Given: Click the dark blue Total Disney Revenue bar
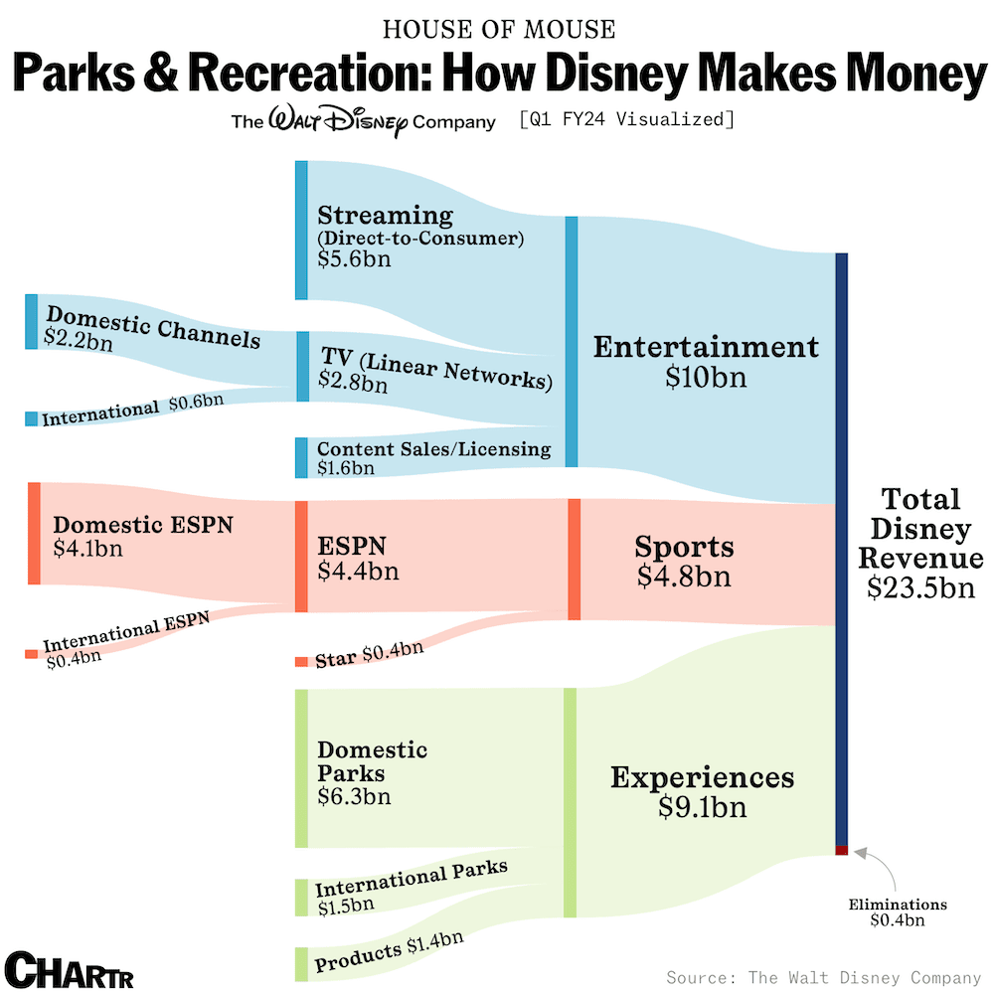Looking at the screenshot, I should tap(841, 547).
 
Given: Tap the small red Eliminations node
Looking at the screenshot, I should tap(841, 850).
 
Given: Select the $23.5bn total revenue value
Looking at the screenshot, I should tap(919, 587).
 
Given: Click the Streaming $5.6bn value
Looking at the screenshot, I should tap(354, 259).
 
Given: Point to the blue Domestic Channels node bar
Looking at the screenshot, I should tap(31, 321).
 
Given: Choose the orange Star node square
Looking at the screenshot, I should tap(301, 661).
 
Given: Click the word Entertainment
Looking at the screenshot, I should tap(706, 347).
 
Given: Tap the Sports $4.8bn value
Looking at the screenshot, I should tap(684, 577).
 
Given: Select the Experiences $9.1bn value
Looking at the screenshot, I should tap(702, 807).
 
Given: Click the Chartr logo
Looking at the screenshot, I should tap(69, 969).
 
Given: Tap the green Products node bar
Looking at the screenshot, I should tap(301, 963).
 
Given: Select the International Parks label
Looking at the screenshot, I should tap(412, 877).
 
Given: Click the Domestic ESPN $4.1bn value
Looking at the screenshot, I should tap(88, 548).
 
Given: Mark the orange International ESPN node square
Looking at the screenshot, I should tap(31, 653).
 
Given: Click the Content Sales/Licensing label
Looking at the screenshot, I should tap(433, 449).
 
